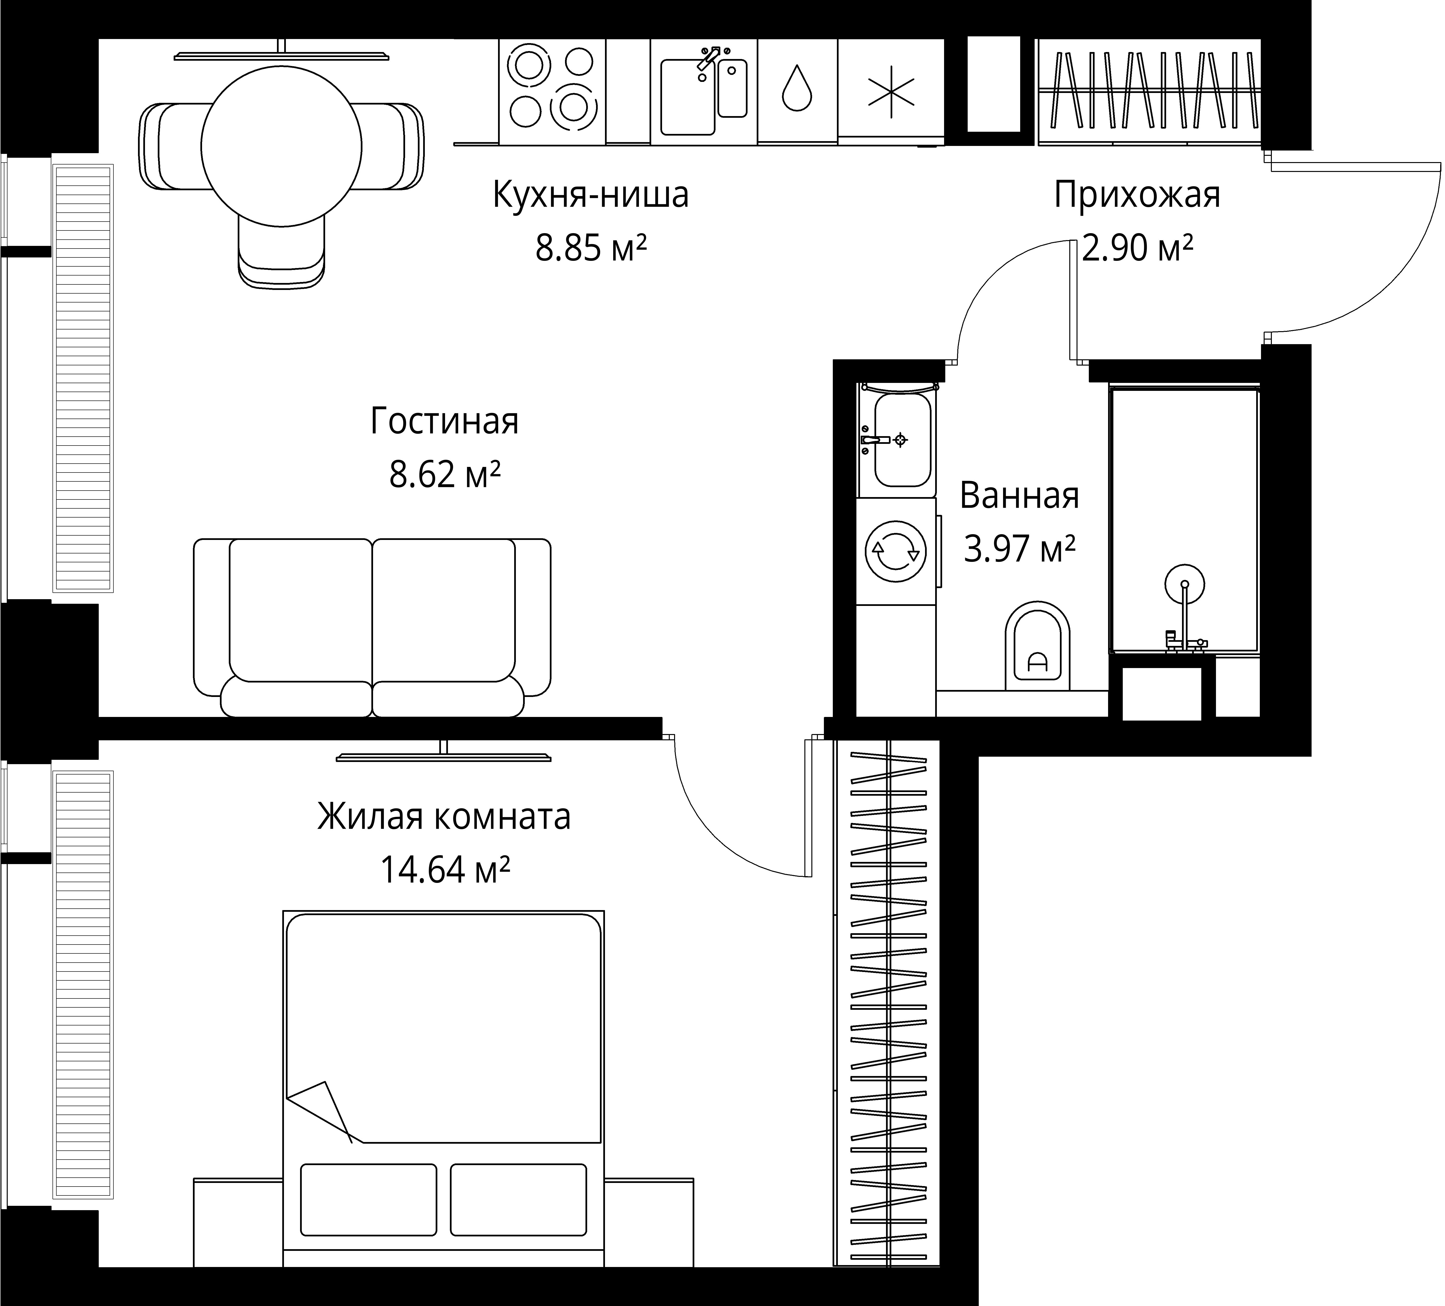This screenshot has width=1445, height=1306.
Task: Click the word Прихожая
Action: point(1137,196)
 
